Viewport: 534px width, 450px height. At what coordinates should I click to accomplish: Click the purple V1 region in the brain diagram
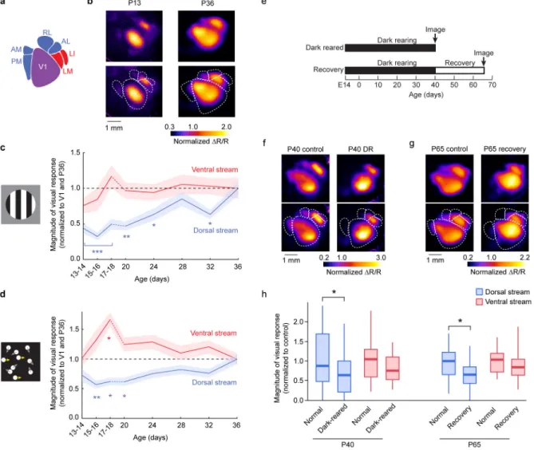point(44,68)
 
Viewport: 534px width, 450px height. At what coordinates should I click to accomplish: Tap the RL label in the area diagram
point(47,33)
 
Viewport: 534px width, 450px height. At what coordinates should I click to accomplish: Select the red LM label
point(68,71)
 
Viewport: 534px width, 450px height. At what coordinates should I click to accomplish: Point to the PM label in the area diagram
point(16,61)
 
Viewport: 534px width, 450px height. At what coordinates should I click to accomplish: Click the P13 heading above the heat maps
point(134,3)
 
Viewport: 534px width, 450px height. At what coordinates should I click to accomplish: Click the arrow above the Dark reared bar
point(435,38)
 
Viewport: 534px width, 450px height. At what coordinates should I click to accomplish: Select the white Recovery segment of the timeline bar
point(460,70)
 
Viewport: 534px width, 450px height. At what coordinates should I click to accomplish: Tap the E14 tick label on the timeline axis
point(344,85)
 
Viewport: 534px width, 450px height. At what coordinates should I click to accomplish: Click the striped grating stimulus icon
point(21,204)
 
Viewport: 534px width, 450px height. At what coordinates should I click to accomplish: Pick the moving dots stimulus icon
point(21,362)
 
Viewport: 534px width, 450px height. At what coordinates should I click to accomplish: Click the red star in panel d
point(109,338)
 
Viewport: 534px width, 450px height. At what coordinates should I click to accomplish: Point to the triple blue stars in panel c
point(97,251)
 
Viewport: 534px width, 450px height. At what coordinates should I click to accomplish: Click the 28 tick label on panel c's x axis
point(183,266)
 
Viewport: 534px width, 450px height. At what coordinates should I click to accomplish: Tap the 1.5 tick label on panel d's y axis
point(74,330)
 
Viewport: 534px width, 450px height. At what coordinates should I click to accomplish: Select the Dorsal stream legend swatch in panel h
point(479,292)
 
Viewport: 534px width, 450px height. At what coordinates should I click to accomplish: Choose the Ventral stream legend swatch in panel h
point(479,302)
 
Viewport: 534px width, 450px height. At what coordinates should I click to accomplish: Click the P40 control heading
point(305,149)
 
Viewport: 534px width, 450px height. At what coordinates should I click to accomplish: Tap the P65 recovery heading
point(504,148)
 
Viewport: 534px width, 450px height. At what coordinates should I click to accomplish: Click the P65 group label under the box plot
point(474,444)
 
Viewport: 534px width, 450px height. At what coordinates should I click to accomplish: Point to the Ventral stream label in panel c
point(215,169)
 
